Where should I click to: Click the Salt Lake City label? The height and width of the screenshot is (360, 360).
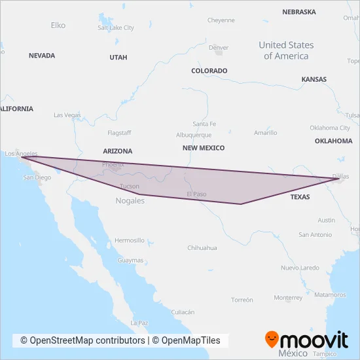(x=115, y=28)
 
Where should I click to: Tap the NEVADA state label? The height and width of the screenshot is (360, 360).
(x=42, y=56)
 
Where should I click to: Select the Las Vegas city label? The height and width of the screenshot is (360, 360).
(x=67, y=115)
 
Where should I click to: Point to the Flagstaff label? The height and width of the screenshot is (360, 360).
(x=119, y=133)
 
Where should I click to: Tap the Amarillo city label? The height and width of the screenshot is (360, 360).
(x=265, y=133)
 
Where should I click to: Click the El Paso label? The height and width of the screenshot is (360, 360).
(x=196, y=194)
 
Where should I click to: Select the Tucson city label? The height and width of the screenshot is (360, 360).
(x=130, y=187)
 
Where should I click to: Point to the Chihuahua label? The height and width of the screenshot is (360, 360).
(x=202, y=248)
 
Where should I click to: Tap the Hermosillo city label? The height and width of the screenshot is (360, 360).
(x=129, y=240)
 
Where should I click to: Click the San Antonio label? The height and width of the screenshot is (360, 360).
(x=315, y=235)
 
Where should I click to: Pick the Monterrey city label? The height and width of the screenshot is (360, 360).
(x=288, y=298)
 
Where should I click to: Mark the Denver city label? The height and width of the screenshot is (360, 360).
(x=219, y=48)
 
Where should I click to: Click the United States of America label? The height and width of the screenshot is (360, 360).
(x=286, y=50)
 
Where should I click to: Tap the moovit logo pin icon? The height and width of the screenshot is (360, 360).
(x=272, y=339)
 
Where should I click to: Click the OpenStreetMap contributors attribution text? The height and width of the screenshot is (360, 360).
(x=82, y=340)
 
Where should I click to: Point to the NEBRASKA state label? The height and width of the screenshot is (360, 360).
(x=298, y=12)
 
